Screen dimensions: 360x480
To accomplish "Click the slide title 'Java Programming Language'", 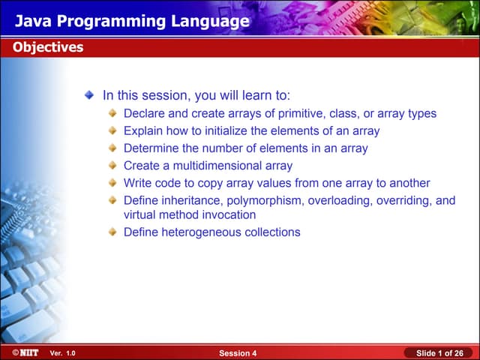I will pos(132,21).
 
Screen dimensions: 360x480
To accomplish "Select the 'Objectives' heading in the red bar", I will pos(47,48).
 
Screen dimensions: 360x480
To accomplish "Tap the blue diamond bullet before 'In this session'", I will pos(89,96).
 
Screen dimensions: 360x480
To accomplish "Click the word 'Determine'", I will pos(151,148).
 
